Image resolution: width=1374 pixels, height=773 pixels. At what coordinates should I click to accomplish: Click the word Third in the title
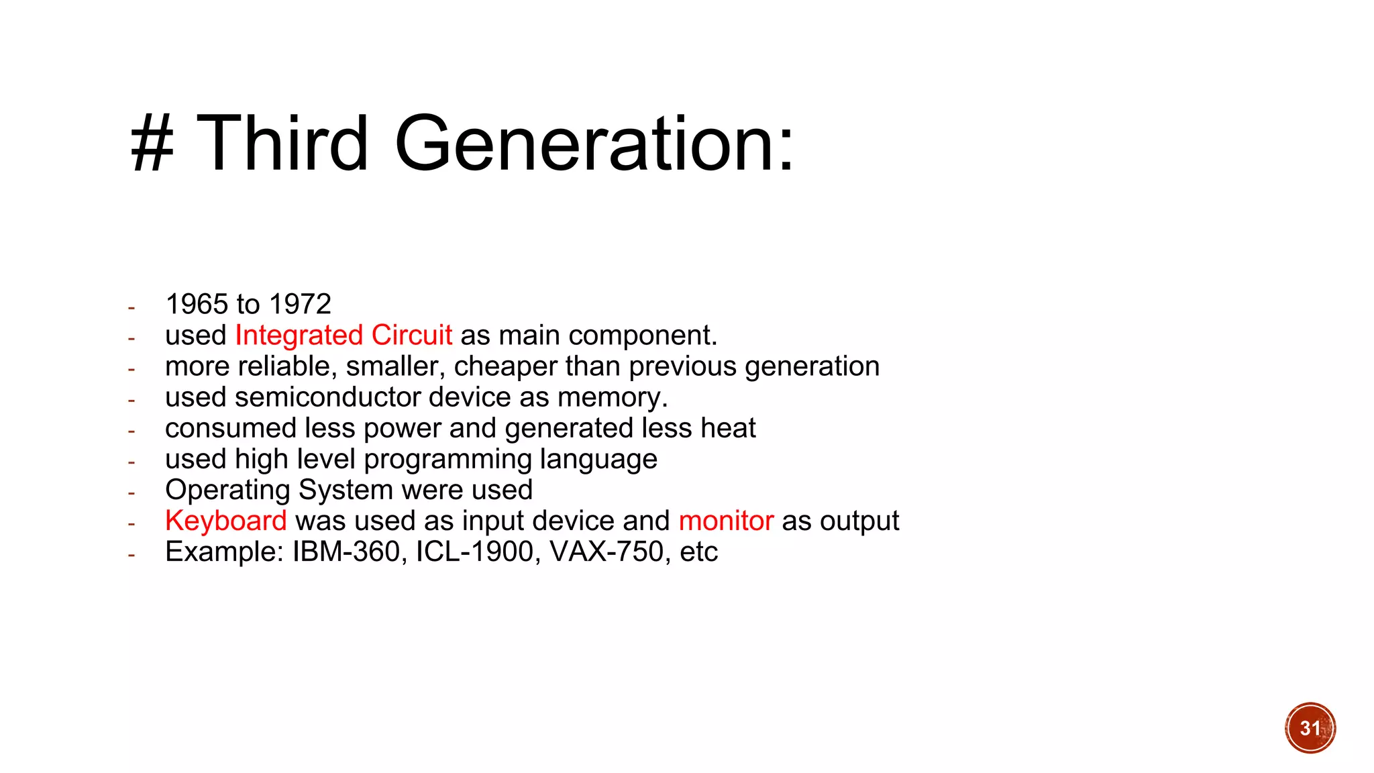click(x=282, y=143)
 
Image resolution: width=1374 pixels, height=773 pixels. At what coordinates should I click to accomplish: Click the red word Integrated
click(x=299, y=336)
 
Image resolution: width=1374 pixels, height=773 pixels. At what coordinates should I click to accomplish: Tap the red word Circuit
click(x=412, y=336)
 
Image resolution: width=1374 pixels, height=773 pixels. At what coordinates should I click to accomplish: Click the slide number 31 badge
click(x=1310, y=728)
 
